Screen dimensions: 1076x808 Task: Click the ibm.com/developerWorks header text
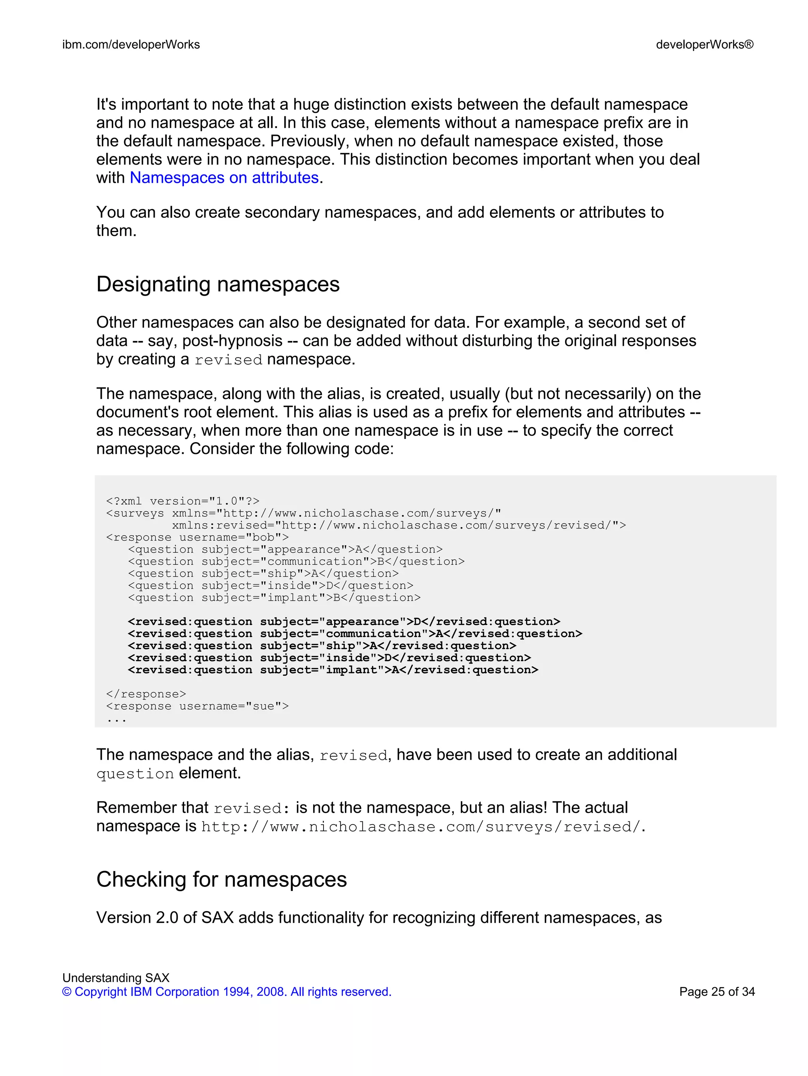point(131,45)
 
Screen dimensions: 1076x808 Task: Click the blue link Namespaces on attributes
point(224,178)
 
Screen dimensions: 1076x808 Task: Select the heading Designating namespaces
point(218,285)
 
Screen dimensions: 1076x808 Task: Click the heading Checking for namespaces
point(221,879)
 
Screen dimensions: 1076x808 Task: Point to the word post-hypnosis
point(232,341)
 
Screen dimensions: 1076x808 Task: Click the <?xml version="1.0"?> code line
point(183,501)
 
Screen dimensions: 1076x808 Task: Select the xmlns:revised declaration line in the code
point(398,525)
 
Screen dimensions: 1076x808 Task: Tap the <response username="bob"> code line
point(197,538)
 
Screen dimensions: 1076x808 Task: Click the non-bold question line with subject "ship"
point(263,574)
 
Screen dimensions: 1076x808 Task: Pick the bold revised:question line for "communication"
point(355,634)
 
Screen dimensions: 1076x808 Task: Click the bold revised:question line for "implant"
point(333,670)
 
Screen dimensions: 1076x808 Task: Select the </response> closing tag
point(146,694)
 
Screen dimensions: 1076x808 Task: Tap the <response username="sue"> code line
point(197,706)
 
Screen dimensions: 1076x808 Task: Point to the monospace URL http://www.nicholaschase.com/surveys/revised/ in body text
point(421,827)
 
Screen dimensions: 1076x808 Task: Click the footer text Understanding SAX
point(116,978)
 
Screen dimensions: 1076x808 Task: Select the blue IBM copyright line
point(226,992)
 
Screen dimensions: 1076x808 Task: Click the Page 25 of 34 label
point(716,992)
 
